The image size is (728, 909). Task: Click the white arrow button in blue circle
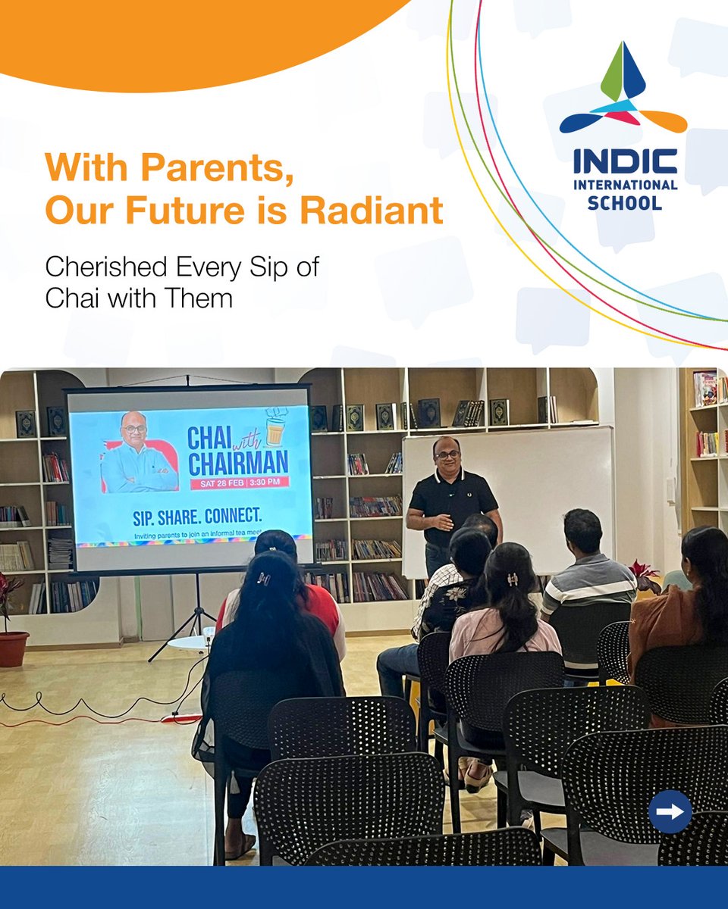[x=670, y=811]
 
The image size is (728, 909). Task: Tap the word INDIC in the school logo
[x=625, y=162]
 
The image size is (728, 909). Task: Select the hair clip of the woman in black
[x=263, y=578]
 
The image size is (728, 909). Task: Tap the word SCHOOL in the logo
[x=625, y=203]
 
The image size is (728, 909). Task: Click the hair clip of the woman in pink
[x=513, y=579]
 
